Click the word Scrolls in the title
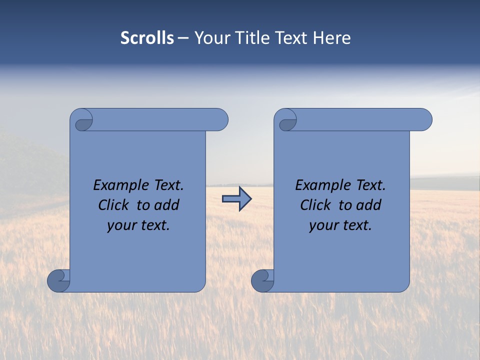[147, 38]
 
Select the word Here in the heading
[331, 38]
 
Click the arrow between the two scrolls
[236, 199]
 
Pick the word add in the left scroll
[167, 205]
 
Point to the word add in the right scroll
[369, 205]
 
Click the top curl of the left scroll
[82, 121]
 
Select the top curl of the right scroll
[286, 121]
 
